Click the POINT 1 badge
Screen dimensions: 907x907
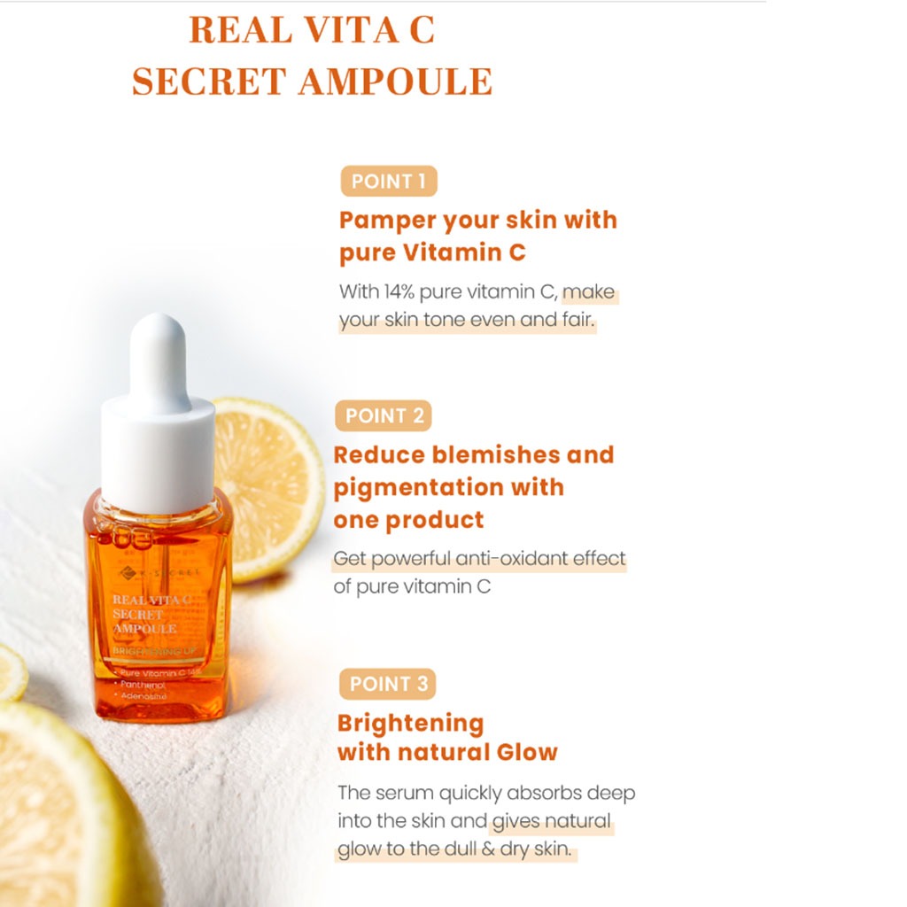point(388,182)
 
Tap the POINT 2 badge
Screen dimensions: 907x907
point(383,415)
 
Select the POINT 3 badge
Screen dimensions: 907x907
point(388,684)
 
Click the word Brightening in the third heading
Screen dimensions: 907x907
point(410,723)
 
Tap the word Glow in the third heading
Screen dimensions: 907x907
point(525,753)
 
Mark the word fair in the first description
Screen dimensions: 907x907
point(577,320)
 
